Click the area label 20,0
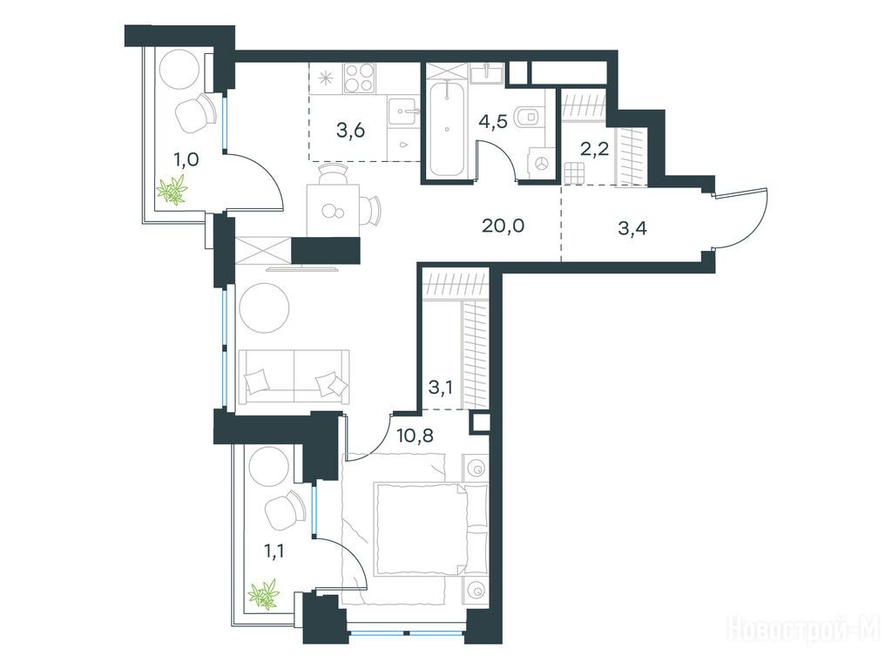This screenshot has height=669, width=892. [503, 226]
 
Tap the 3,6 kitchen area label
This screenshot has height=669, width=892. [350, 131]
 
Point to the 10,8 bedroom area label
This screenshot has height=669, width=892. [415, 436]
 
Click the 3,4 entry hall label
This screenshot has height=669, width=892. [632, 229]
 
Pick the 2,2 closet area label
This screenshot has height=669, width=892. [594, 149]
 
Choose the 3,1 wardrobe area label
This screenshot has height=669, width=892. [440, 389]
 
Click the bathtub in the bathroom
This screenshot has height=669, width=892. [447, 129]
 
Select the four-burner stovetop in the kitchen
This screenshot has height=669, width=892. [360, 78]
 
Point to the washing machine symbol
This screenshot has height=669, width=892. [541, 163]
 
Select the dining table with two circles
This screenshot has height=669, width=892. [333, 211]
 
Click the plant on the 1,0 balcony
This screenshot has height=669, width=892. [173, 190]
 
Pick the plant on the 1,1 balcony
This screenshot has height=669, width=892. [263, 594]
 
